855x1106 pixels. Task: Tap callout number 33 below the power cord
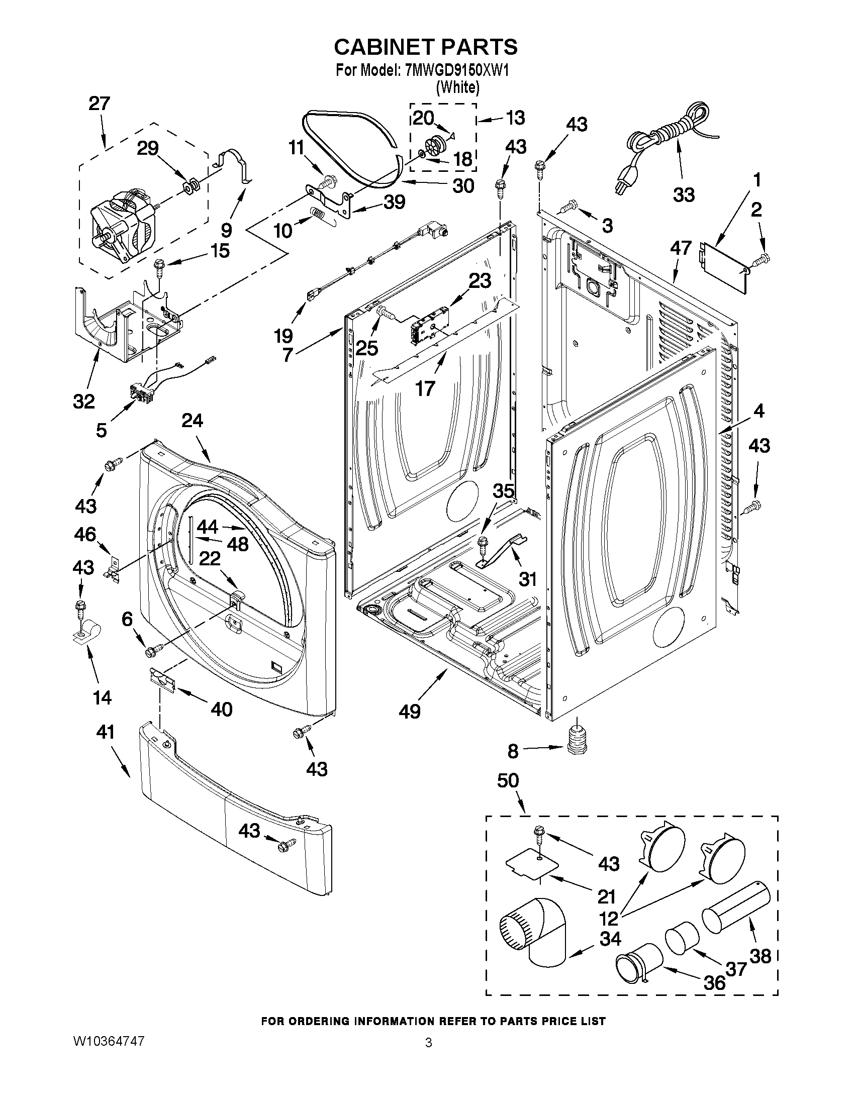point(683,195)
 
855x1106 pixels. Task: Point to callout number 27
point(100,104)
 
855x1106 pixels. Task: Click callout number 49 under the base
point(409,712)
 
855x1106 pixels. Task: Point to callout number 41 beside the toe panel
point(106,732)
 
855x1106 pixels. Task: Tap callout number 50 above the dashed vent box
point(508,780)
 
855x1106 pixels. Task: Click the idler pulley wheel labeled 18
point(435,147)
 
